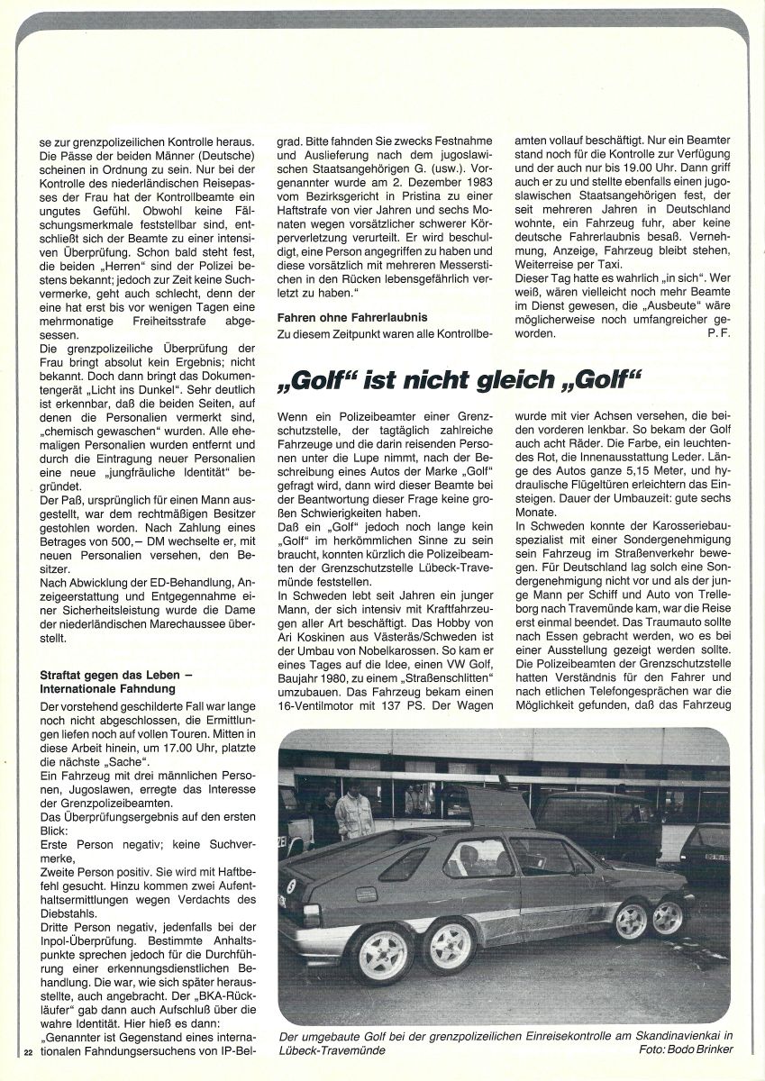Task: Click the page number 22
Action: [x=28, y=1050]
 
